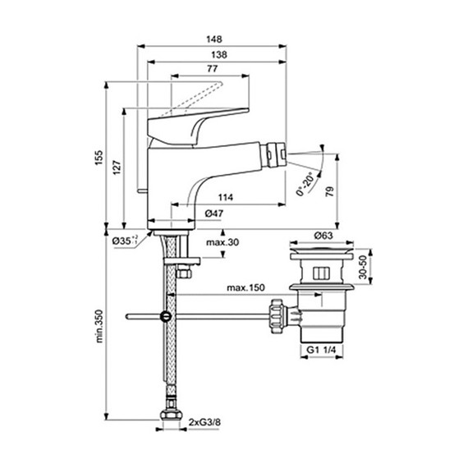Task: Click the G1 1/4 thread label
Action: point(323,350)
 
